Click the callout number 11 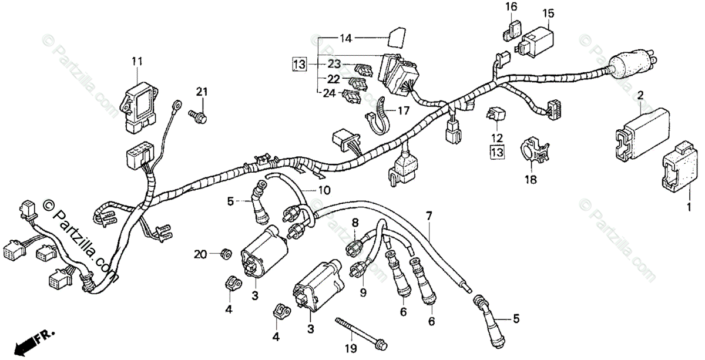pos(137,61)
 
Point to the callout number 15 pos(548,13)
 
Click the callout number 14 pos(345,39)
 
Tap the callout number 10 pos(324,190)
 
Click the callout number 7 pos(429,216)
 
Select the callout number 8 pos(355,223)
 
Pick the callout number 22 pos(334,78)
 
